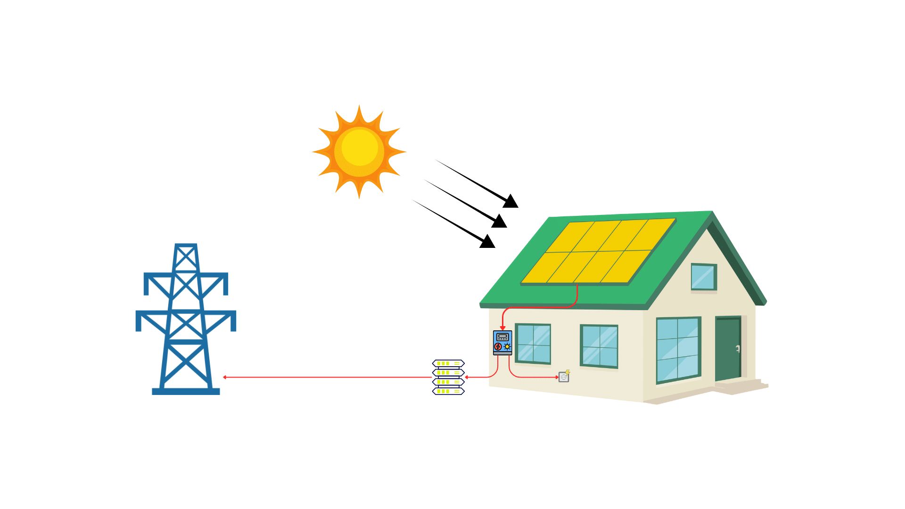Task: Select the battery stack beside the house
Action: point(448,377)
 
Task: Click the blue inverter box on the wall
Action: point(502,343)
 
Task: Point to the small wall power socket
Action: point(564,377)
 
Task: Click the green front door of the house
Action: point(728,348)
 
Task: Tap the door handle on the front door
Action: point(738,349)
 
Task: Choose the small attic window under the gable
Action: point(704,277)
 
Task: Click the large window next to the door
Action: point(678,350)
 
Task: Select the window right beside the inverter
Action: point(533,344)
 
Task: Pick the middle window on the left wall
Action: point(599,346)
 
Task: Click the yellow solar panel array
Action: point(599,252)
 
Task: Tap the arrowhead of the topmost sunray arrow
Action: point(511,202)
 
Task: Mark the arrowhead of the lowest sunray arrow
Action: point(488,242)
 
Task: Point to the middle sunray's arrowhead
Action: point(500,221)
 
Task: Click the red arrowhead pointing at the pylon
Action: point(225,377)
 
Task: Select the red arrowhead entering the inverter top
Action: point(503,328)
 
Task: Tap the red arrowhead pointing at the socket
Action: point(557,377)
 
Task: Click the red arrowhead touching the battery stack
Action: point(467,377)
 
